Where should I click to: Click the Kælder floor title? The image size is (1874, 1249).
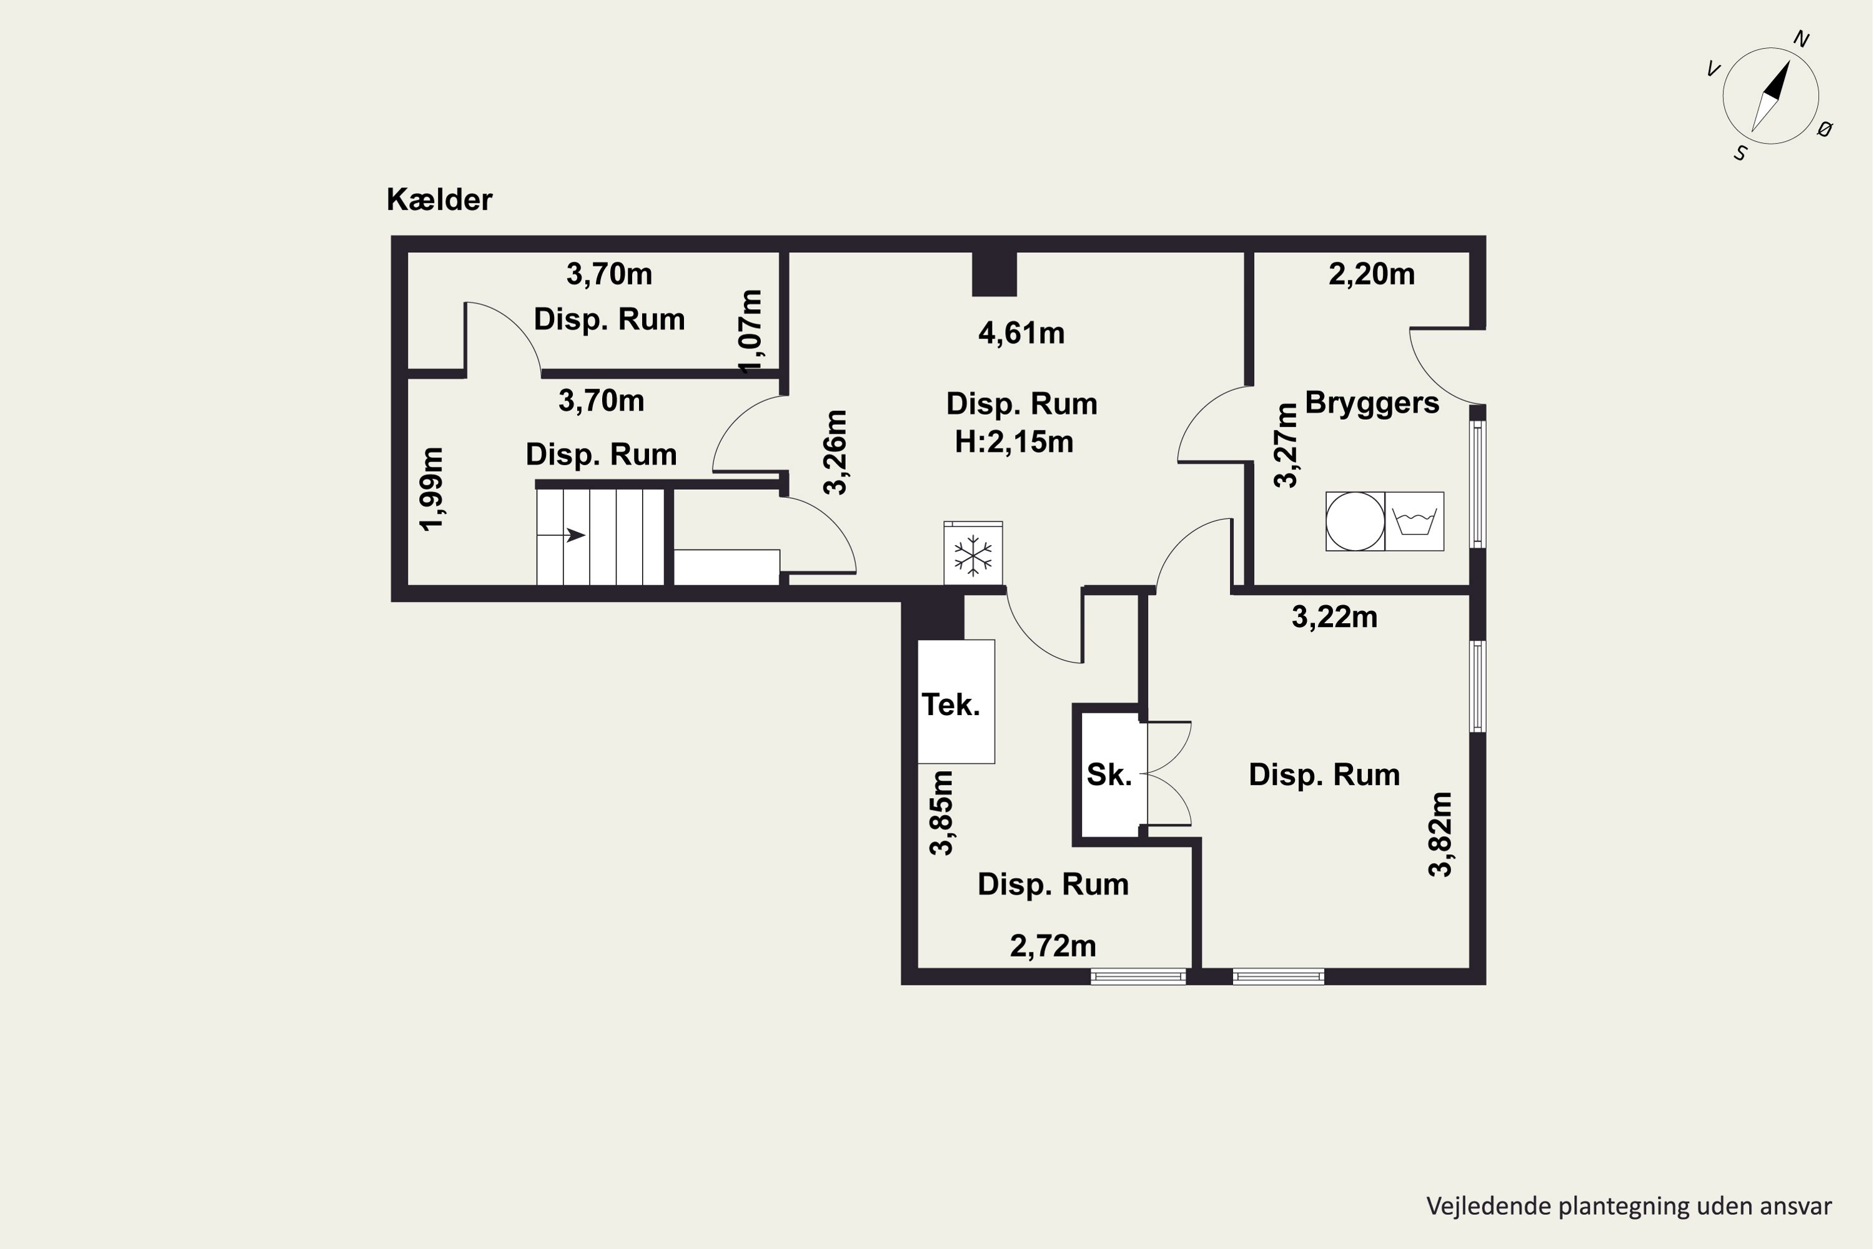[x=439, y=199]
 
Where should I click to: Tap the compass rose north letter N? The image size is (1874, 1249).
[x=1801, y=39]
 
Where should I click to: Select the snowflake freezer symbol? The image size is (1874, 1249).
[x=973, y=555]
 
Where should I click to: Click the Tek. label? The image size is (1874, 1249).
[x=951, y=704]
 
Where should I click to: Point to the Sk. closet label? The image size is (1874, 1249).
[x=1109, y=774]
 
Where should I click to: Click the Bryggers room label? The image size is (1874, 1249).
[x=1372, y=403]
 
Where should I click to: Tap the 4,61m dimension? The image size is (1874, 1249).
[x=1021, y=333]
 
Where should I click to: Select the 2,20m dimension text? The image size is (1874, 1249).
[x=1371, y=274]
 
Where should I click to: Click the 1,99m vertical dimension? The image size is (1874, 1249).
[x=433, y=488]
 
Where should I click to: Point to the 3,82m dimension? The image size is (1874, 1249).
[x=1440, y=834]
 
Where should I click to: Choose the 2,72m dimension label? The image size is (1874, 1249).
[x=1053, y=946]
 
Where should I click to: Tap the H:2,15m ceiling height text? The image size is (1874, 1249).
[x=1014, y=442]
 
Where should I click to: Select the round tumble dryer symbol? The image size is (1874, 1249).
[x=1356, y=521]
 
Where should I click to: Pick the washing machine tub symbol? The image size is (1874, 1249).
[x=1414, y=521]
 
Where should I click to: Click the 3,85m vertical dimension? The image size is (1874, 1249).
[x=942, y=812]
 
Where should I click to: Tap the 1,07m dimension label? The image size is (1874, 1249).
[x=751, y=332]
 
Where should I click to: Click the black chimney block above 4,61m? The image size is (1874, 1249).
[x=994, y=274]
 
